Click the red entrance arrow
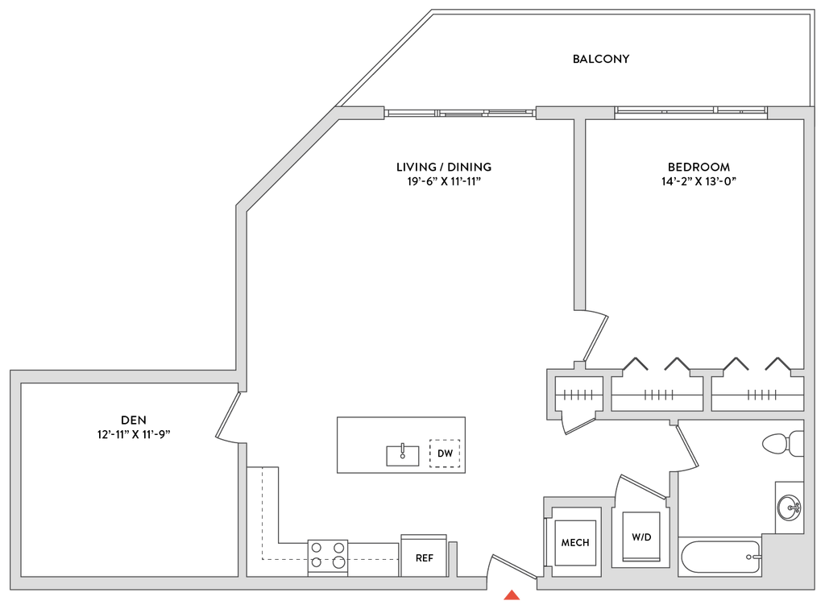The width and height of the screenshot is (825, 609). point(511,596)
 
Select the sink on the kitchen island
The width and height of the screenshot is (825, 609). point(403,454)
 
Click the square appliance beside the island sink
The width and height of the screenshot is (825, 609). point(446,453)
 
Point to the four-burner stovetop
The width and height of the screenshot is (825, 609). point(328,556)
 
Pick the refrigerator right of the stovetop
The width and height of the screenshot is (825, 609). point(425,553)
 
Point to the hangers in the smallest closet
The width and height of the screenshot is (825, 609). point(578,395)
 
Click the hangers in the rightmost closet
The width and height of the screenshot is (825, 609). point(761,395)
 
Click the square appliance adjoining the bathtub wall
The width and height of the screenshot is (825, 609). point(642,535)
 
